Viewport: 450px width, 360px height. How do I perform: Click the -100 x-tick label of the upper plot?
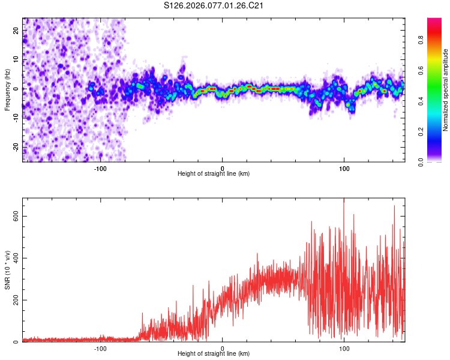coord(100,169)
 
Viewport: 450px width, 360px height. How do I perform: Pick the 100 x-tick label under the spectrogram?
coord(344,169)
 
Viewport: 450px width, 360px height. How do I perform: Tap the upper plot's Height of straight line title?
coord(214,174)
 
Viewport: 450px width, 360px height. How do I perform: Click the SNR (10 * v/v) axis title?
coord(7,270)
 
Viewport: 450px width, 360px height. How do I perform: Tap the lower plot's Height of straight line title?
coord(214,354)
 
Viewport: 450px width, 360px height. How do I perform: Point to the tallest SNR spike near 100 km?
coord(344,200)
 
